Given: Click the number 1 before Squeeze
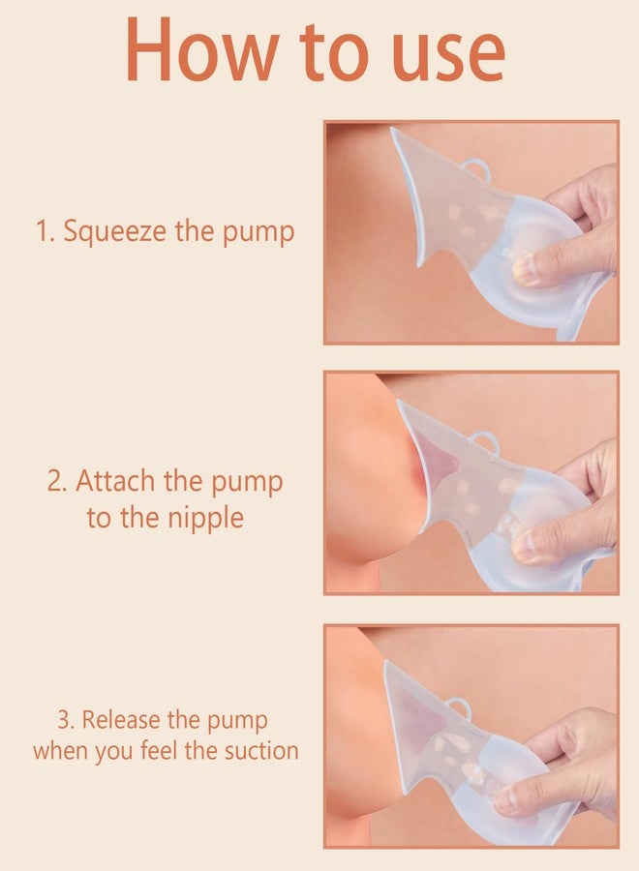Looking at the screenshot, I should coord(42,232).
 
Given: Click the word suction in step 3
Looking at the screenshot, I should coord(255,751).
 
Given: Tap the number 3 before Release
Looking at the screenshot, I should coord(64,720).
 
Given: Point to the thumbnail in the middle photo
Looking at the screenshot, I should coord(524,549).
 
